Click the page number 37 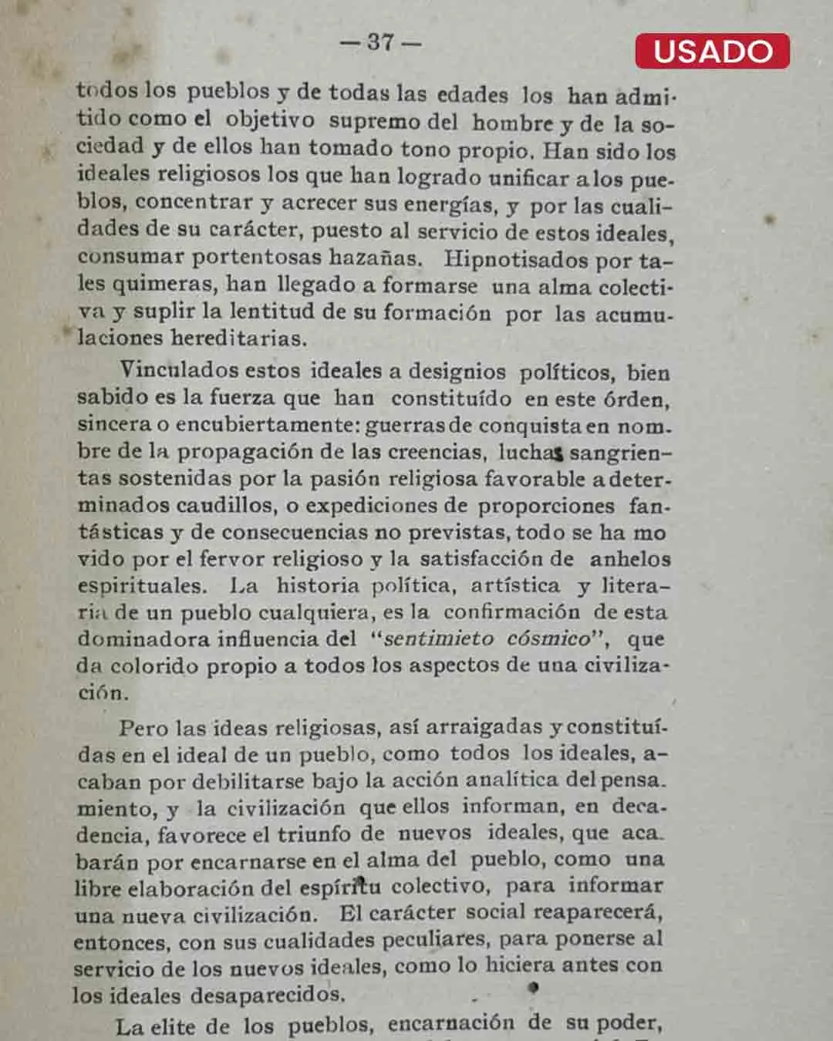point(380,42)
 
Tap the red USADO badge point(712,51)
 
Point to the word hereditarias point(238,338)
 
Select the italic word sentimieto point(439,639)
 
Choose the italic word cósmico point(548,639)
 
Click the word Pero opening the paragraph point(143,727)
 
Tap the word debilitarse point(248,782)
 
